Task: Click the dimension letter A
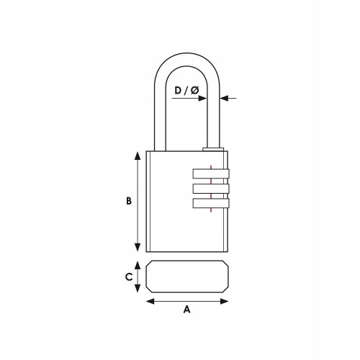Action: (187, 310)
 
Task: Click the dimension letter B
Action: (129, 201)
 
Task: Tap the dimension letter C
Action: (129, 277)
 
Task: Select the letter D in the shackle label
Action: (178, 91)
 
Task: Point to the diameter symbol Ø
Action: (194, 91)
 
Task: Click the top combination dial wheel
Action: (211, 174)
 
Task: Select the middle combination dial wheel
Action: (211, 189)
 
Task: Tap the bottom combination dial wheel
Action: (211, 203)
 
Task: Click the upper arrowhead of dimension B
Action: (138, 156)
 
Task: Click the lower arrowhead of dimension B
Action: (138, 247)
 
